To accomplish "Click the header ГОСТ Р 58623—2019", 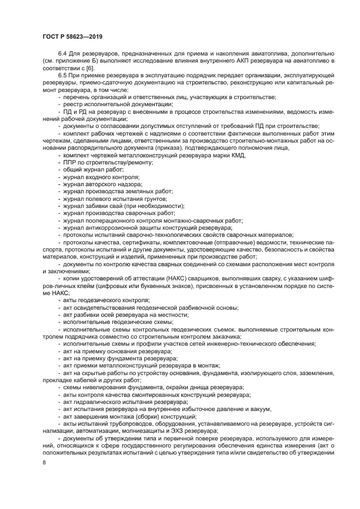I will click(72, 36).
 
